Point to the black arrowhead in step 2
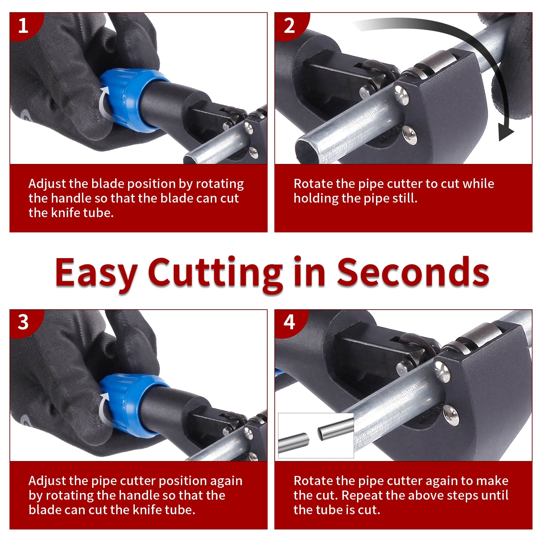click(x=506, y=134)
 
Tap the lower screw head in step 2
click(x=410, y=135)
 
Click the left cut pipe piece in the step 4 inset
click(x=293, y=443)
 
